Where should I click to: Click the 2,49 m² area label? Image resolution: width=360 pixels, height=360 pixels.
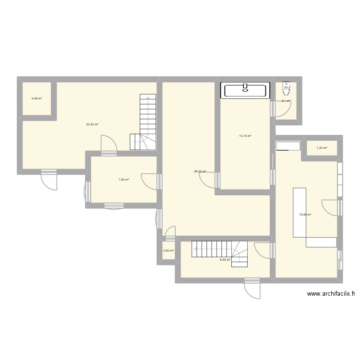click(x=36, y=98)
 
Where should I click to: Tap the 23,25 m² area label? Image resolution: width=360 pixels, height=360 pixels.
click(x=92, y=124)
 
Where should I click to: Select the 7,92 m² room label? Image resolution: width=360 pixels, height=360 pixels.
click(x=124, y=180)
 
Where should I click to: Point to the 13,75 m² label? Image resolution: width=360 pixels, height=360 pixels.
click(x=245, y=136)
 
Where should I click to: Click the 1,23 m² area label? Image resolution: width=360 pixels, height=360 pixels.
click(x=322, y=148)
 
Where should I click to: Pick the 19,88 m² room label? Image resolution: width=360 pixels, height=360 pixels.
click(x=305, y=215)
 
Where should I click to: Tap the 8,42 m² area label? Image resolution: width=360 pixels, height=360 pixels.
click(x=225, y=260)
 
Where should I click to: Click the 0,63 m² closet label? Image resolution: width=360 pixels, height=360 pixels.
click(x=168, y=251)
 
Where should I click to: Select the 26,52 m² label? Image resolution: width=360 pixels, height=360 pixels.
click(x=200, y=171)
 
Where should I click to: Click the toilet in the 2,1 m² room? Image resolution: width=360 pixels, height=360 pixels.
click(x=287, y=88)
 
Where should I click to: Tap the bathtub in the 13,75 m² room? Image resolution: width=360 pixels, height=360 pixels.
click(x=245, y=90)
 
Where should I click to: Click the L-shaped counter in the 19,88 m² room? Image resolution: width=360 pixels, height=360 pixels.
click(x=307, y=221)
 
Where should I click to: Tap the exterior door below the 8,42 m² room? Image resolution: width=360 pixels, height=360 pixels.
click(x=252, y=288)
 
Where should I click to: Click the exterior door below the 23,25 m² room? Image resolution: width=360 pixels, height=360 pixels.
click(x=49, y=180)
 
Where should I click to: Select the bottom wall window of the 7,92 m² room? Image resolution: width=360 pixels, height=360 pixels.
click(x=114, y=206)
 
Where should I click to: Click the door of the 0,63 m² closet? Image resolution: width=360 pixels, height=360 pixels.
click(x=169, y=233)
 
